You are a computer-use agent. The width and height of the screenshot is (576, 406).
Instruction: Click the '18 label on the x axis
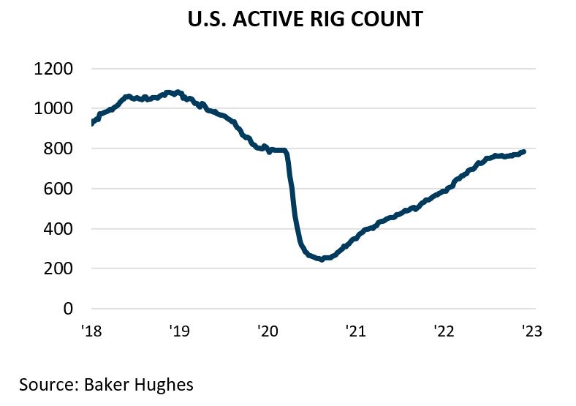point(91,331)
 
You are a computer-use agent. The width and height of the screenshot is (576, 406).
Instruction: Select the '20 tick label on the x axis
point(267,331)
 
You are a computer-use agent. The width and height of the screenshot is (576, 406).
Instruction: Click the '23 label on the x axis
point(531,331)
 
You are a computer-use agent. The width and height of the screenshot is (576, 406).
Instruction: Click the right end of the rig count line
point(523,151)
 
